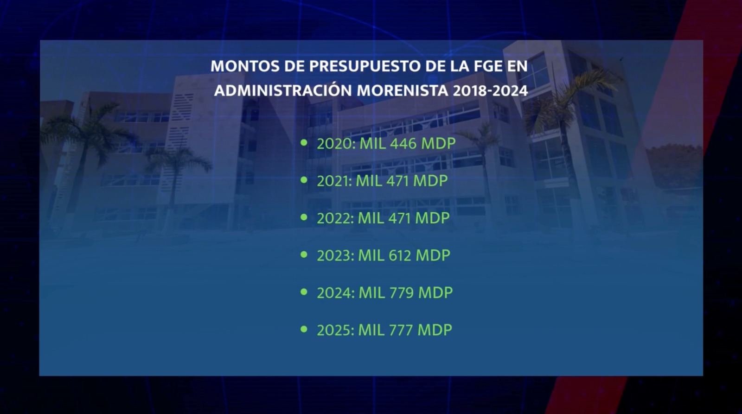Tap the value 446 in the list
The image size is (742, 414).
403,144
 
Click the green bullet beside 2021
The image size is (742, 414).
304,180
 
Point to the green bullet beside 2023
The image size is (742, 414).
304,255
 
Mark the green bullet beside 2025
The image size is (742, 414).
304,329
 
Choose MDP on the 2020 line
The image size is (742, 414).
438,144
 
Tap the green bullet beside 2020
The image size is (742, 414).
304,143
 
